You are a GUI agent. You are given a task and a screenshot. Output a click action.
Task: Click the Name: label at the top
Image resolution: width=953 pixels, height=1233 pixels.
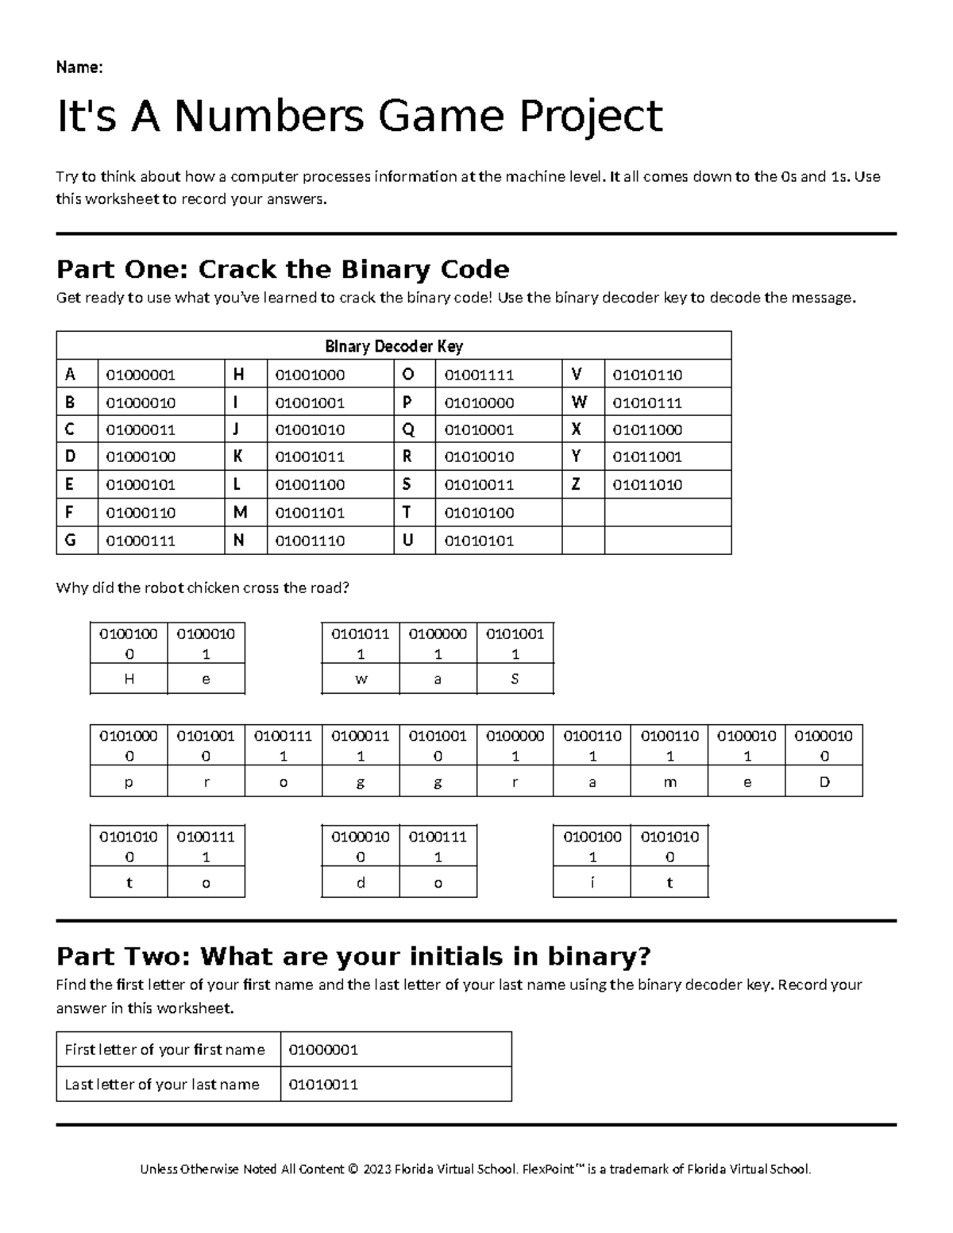click(79, 67)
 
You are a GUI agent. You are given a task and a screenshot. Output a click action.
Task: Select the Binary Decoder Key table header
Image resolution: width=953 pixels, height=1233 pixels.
click(393, 346)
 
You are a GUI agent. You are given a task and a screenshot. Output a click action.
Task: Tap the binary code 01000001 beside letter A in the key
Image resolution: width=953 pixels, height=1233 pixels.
click(140, 375)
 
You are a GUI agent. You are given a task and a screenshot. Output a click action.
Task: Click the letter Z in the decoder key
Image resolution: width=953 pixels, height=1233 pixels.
click(576, 484)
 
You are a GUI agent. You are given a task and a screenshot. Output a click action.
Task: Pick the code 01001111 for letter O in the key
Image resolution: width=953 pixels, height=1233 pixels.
click(478, 375)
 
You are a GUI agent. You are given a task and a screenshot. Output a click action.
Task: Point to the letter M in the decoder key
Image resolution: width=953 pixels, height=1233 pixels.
click(240, 512)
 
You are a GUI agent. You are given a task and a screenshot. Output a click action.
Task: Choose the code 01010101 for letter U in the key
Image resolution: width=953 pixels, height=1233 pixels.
click(478, 541)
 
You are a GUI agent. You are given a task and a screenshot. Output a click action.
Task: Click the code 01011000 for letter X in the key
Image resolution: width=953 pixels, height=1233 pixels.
click(647, 430)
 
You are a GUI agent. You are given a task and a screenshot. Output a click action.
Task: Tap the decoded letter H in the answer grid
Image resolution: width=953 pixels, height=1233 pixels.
click(129, 680)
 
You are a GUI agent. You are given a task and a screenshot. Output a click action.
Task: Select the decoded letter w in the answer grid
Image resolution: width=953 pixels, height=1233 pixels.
click(361, 680)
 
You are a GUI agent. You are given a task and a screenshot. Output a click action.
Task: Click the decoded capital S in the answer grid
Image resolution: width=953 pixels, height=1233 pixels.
click(515, 680)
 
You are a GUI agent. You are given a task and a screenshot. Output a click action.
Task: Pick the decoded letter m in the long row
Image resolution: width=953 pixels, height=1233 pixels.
click(669, 782)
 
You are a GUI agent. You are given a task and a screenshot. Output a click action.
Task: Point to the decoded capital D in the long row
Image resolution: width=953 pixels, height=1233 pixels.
click(824, 782)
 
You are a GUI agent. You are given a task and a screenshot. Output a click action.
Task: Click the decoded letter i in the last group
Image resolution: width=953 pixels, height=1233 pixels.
click(592, 883)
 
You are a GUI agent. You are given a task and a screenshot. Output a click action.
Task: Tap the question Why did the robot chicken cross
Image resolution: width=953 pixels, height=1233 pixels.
click(203, 588)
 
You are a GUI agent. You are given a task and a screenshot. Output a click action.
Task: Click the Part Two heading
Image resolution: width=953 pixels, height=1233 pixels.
click(353, 956)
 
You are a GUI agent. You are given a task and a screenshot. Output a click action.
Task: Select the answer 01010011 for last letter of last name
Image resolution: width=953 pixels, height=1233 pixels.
click(323, 1085)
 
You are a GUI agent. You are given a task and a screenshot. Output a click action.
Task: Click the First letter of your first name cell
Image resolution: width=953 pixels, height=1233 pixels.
click(164, 1050)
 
